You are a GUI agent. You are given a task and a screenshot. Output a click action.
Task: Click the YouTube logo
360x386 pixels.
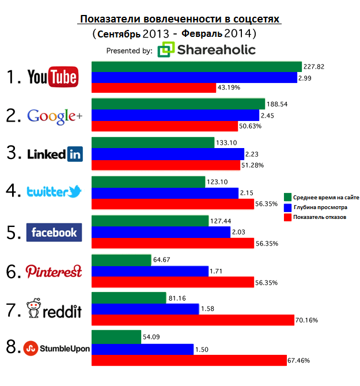click(52, 77)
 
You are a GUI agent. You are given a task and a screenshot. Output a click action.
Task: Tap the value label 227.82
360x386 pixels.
click(314, 67)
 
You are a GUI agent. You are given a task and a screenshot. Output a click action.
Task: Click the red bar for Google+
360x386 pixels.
click(165, 126)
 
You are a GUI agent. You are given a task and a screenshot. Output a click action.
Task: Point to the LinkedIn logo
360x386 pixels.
click(55, 154)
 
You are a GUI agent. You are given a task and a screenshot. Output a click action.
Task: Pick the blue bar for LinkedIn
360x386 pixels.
click(168, 154)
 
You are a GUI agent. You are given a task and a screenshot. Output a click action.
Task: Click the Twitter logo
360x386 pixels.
click(55, 192)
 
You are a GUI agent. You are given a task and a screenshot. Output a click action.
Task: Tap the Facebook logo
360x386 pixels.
click(54, 232)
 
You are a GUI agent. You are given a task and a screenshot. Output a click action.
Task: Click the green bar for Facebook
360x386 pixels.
click(150, 221)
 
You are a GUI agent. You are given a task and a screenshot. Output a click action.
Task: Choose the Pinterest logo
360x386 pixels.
click(54, 271)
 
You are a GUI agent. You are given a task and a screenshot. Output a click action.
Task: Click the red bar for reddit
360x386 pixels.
click(194, 320)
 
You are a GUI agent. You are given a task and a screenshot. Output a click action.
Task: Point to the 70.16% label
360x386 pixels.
click(307, 320)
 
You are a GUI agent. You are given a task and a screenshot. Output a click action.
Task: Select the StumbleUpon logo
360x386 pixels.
click(56, 347)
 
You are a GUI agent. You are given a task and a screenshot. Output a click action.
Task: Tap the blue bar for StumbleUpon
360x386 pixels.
click(143, 349)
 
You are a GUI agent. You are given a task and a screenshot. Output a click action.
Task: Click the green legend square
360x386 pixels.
click(287, 195)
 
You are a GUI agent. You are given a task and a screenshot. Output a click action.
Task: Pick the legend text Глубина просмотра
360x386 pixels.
click(317, 206)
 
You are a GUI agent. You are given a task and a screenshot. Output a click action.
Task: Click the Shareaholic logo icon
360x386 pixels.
click(166, 50)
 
